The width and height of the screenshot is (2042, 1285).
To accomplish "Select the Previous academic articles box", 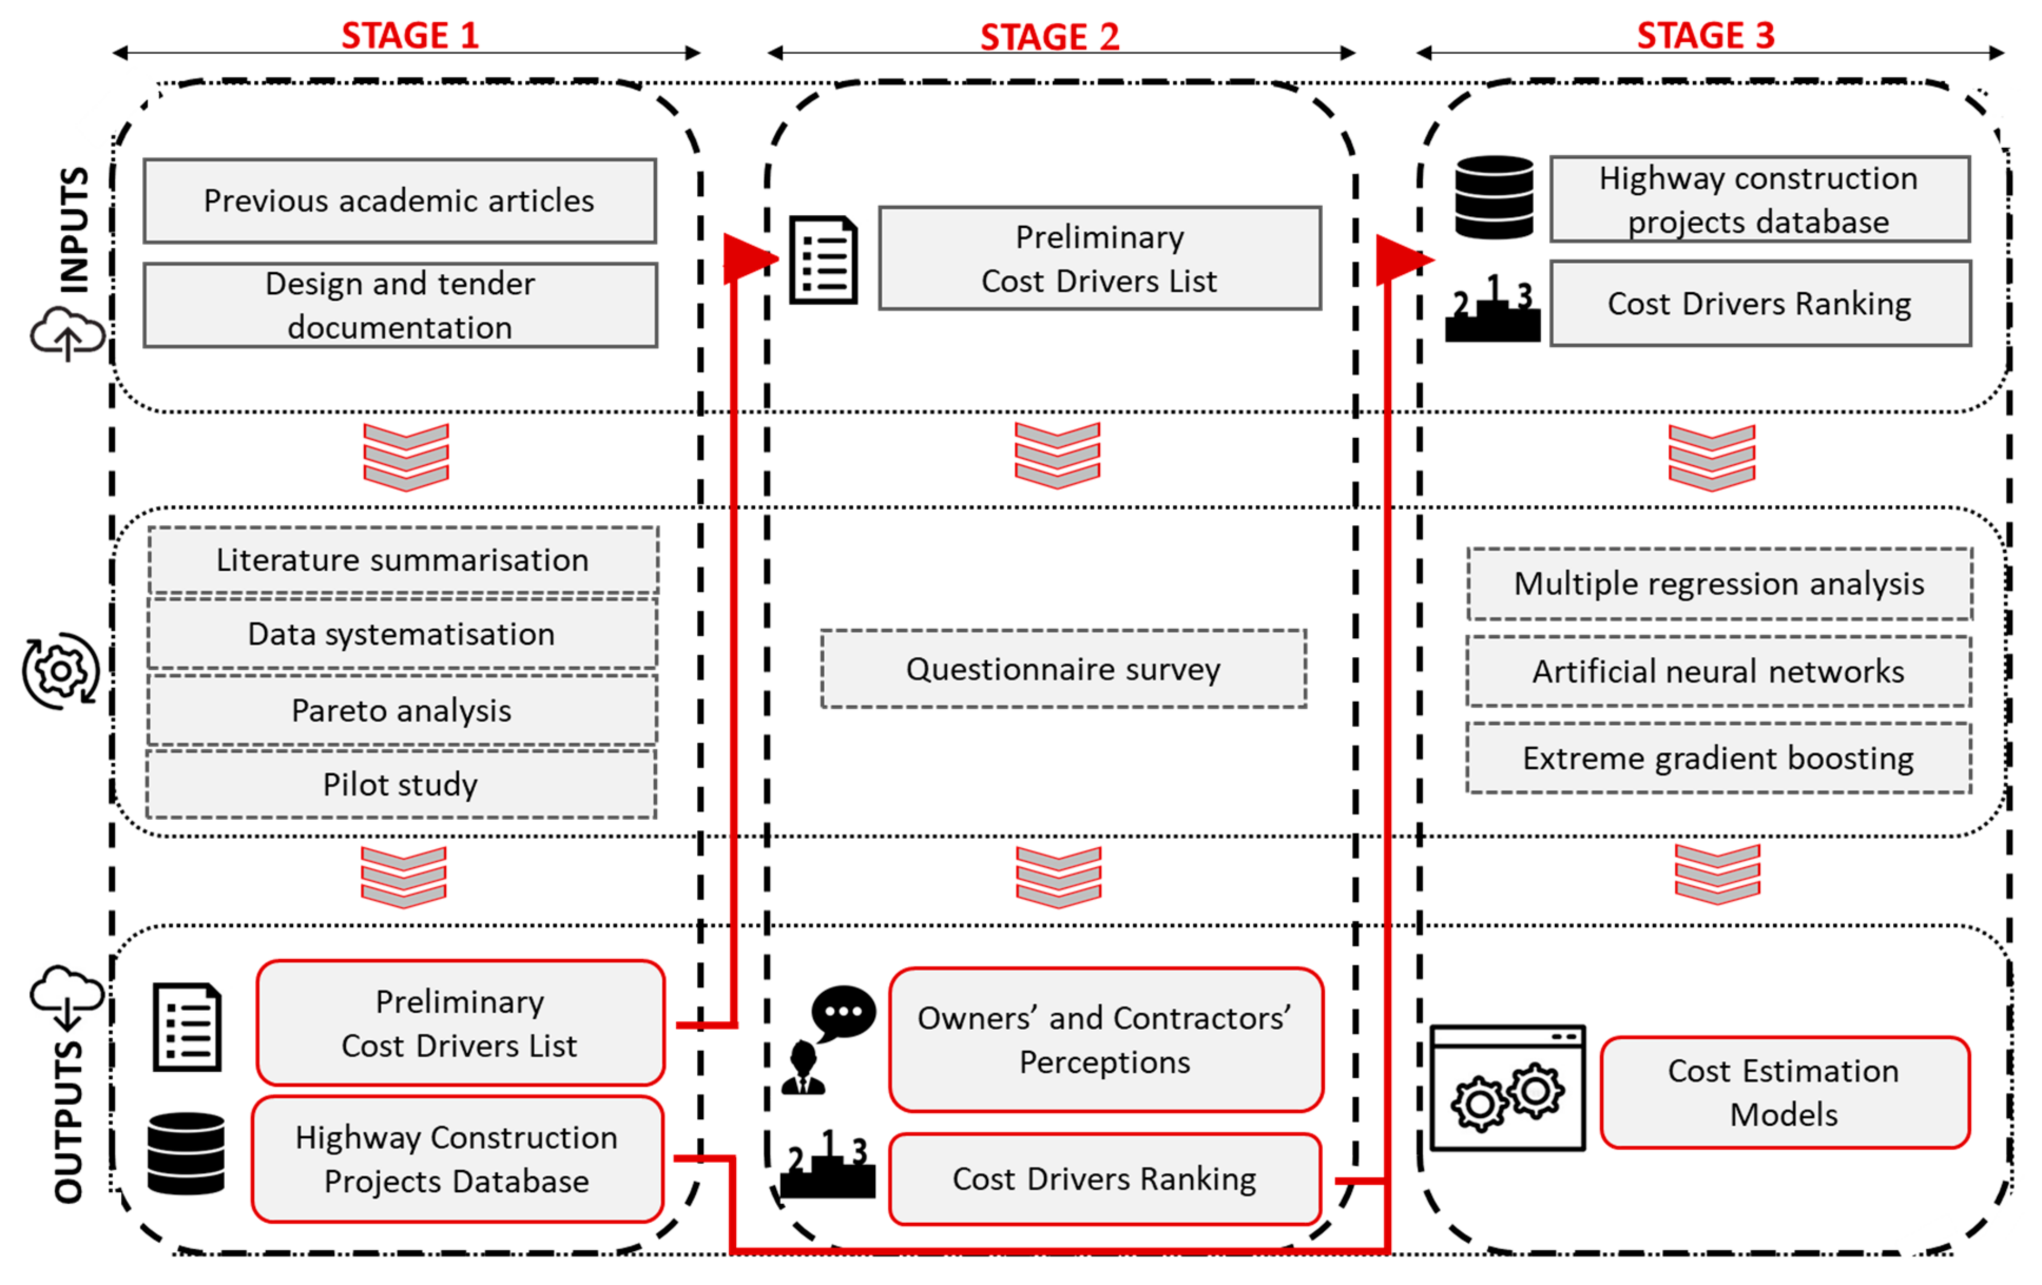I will tap(399, 201).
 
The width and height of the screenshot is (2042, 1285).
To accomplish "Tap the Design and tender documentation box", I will tap(399, 305).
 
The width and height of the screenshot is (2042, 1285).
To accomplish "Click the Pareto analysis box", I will tap(401, 711).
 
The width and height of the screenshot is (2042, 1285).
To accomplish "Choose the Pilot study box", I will tap(400, 784).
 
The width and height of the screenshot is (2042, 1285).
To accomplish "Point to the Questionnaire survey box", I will tap(1063, 669).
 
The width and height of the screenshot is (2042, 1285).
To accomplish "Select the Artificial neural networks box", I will tap(1718, 672).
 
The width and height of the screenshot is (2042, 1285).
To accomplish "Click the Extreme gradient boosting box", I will tap(1718, 758).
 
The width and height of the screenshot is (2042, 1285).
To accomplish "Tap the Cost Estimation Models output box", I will tap(1784, 1092).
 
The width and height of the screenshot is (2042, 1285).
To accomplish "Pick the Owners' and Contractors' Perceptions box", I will tap(1105, 1040).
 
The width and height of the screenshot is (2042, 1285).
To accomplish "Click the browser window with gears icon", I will tap(1507, 1088).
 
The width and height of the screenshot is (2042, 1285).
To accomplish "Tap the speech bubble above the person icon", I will tap(843, 1012).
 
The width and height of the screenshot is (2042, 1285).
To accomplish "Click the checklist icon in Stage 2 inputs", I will tap(823, 260).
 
